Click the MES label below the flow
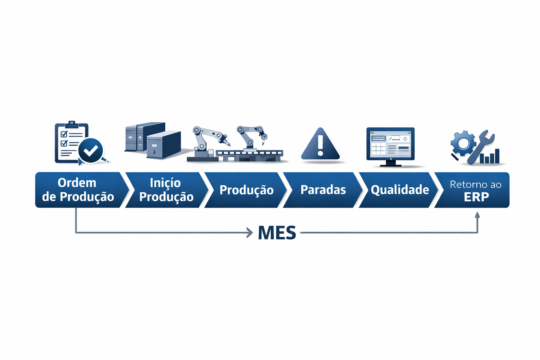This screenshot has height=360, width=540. pos(277,233)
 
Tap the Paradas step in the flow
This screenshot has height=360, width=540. pos(323,190)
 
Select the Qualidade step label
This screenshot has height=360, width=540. pos(400,190)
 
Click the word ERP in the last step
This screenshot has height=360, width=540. pos(476,197)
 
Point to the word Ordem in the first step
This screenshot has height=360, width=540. pos(77,183)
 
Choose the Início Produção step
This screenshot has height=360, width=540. pos(166,190)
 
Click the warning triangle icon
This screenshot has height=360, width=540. pos(320,145)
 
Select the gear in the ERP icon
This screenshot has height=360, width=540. pos(463,143)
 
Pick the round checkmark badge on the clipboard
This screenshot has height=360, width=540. pos(91,150)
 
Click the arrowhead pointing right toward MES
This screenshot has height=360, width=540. pos(250,233)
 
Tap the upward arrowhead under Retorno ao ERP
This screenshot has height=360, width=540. pos(477,215)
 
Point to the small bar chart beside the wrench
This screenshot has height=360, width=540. pos(491,157)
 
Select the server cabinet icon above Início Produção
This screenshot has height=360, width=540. pos(153,140)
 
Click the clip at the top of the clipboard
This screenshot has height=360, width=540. pos(72,124)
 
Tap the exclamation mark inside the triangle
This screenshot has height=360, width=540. pos(320,145)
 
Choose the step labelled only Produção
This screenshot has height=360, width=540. pos(246,190)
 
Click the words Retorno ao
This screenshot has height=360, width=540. pos(475,184)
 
